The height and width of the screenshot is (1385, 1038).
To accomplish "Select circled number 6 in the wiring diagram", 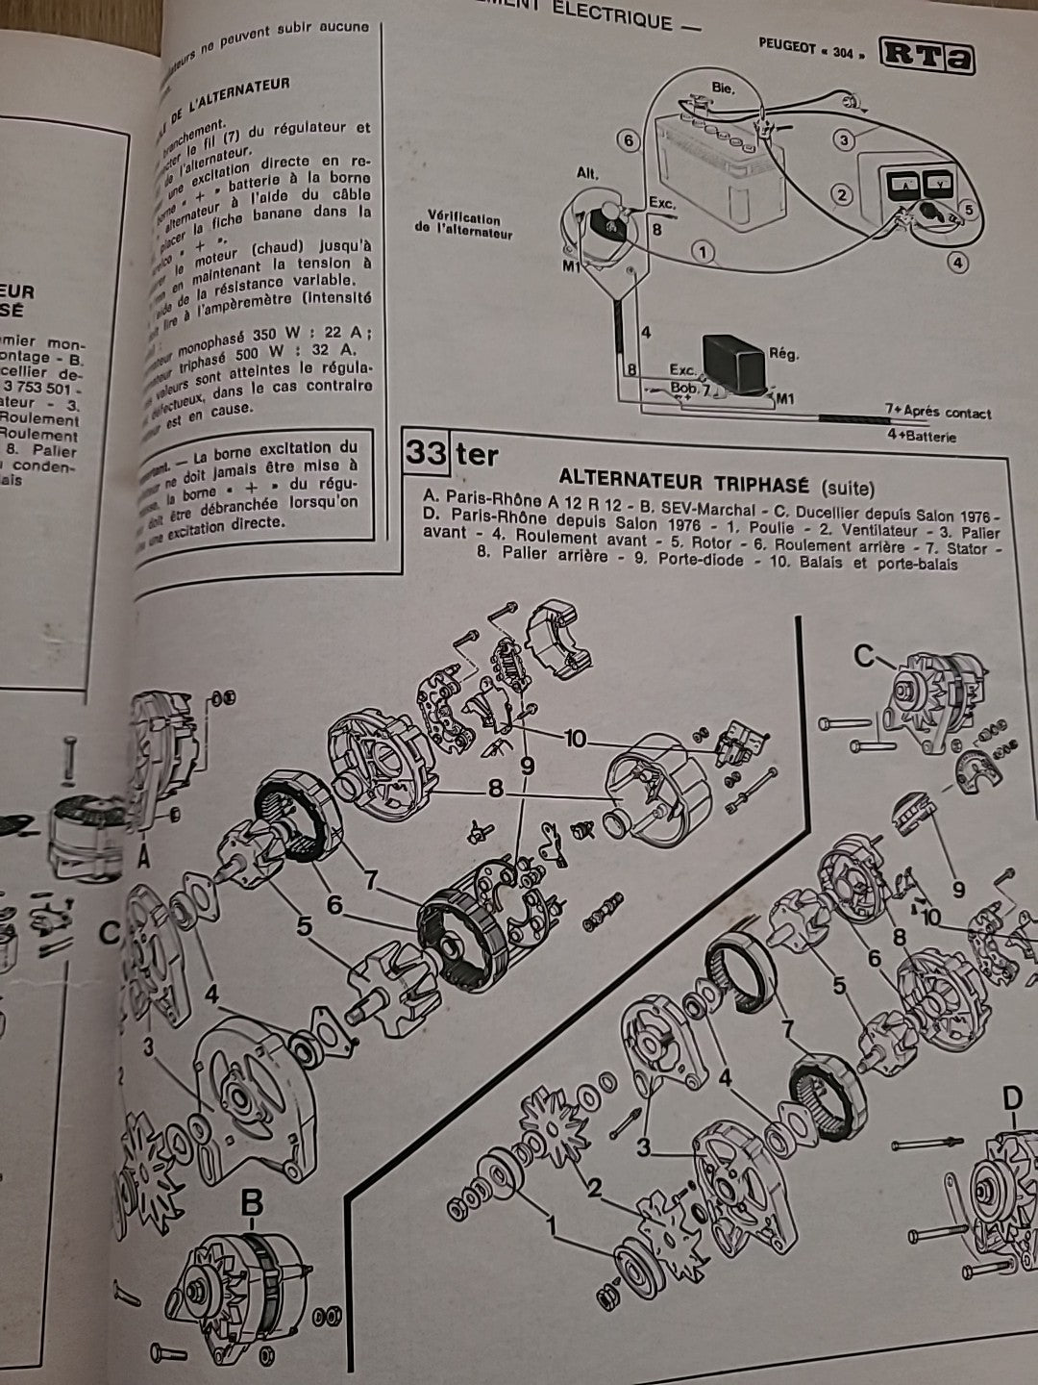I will pos(629,141).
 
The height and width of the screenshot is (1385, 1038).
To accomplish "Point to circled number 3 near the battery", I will pos(844,140).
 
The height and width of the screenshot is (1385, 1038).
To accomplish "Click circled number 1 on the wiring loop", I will pos(704,253).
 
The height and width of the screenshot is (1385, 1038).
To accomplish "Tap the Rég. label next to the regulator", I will pos(783,354).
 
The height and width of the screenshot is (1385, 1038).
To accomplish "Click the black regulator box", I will pos(736,363).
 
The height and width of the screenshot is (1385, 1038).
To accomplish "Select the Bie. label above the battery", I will pos(723,88).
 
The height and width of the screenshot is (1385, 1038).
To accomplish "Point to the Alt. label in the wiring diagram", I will pos(587,174).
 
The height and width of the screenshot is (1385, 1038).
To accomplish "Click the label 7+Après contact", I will pos(937,413).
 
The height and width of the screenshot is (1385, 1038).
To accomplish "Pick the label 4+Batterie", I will pos(921,436).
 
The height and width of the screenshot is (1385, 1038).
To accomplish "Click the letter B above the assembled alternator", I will pos(251,1203).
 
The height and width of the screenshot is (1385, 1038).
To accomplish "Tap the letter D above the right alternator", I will pos(1011,1097).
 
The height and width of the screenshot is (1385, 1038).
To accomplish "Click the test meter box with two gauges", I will pos(918,193).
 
